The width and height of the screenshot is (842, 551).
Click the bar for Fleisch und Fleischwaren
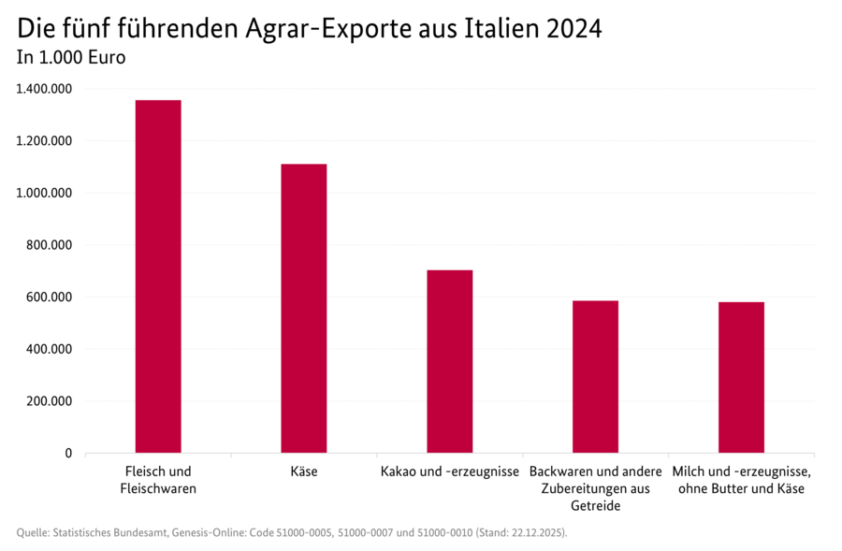[158, 277]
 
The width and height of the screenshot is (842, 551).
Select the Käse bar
[304, 309]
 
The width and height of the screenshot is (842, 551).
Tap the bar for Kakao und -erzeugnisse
[450, 361]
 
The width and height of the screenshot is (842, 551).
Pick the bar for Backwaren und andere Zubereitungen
[595, 376]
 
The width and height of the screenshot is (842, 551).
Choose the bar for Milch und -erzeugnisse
[741, 377]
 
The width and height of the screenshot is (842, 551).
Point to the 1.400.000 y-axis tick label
[44, 89]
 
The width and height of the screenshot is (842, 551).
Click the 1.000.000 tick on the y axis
[44, 193]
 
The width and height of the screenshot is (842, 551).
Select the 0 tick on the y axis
[68, 453]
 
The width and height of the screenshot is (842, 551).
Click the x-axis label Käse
[304, 471]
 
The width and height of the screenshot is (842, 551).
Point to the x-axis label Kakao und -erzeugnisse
[450, 471]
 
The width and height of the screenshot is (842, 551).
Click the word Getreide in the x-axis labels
[595, 506]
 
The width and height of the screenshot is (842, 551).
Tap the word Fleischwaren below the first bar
[158, 488]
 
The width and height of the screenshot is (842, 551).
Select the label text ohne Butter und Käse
[741, 488]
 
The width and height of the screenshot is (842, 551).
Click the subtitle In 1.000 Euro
[71, 57]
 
